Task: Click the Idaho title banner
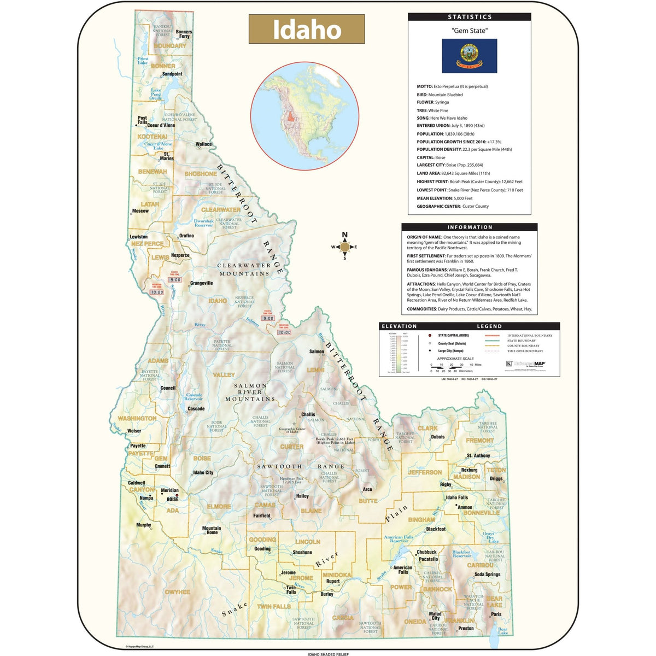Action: pos(307,29)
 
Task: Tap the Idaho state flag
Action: pos(469,56)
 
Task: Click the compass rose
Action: pos(344,247)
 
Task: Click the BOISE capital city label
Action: pos(172,499)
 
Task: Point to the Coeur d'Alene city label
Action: pos(161,125)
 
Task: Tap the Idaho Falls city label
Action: pos(456,497)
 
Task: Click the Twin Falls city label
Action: pos(291,589)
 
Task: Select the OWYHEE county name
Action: pos(177,592)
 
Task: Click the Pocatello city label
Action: pos(429,559)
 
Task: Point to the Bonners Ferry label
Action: pos(184,34)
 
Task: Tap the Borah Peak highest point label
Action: pos(335,441)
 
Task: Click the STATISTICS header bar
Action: pos(469,17)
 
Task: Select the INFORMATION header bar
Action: pos(469,227)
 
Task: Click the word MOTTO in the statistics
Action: pos(424,86)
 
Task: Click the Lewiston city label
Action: pos(138,237)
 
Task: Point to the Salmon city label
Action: pos(317,352)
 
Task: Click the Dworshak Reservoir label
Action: pos(203,223)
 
